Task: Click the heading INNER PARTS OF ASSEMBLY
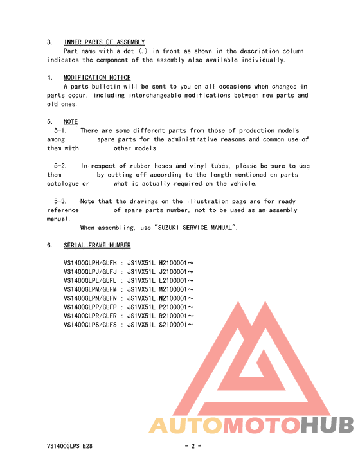[104, 42]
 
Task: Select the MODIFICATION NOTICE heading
[97, 78]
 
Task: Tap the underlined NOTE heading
[71, 121]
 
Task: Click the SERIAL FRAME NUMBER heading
[97, 246]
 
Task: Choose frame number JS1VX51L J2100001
[161, 272]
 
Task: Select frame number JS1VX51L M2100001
[161, 289]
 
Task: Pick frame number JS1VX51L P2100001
[161, 307]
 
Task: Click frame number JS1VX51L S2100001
[161, 325]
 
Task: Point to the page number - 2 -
[193, 446]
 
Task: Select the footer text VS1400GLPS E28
[74, 446]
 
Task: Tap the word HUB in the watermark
[327, 426]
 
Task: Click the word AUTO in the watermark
[186, 426]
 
